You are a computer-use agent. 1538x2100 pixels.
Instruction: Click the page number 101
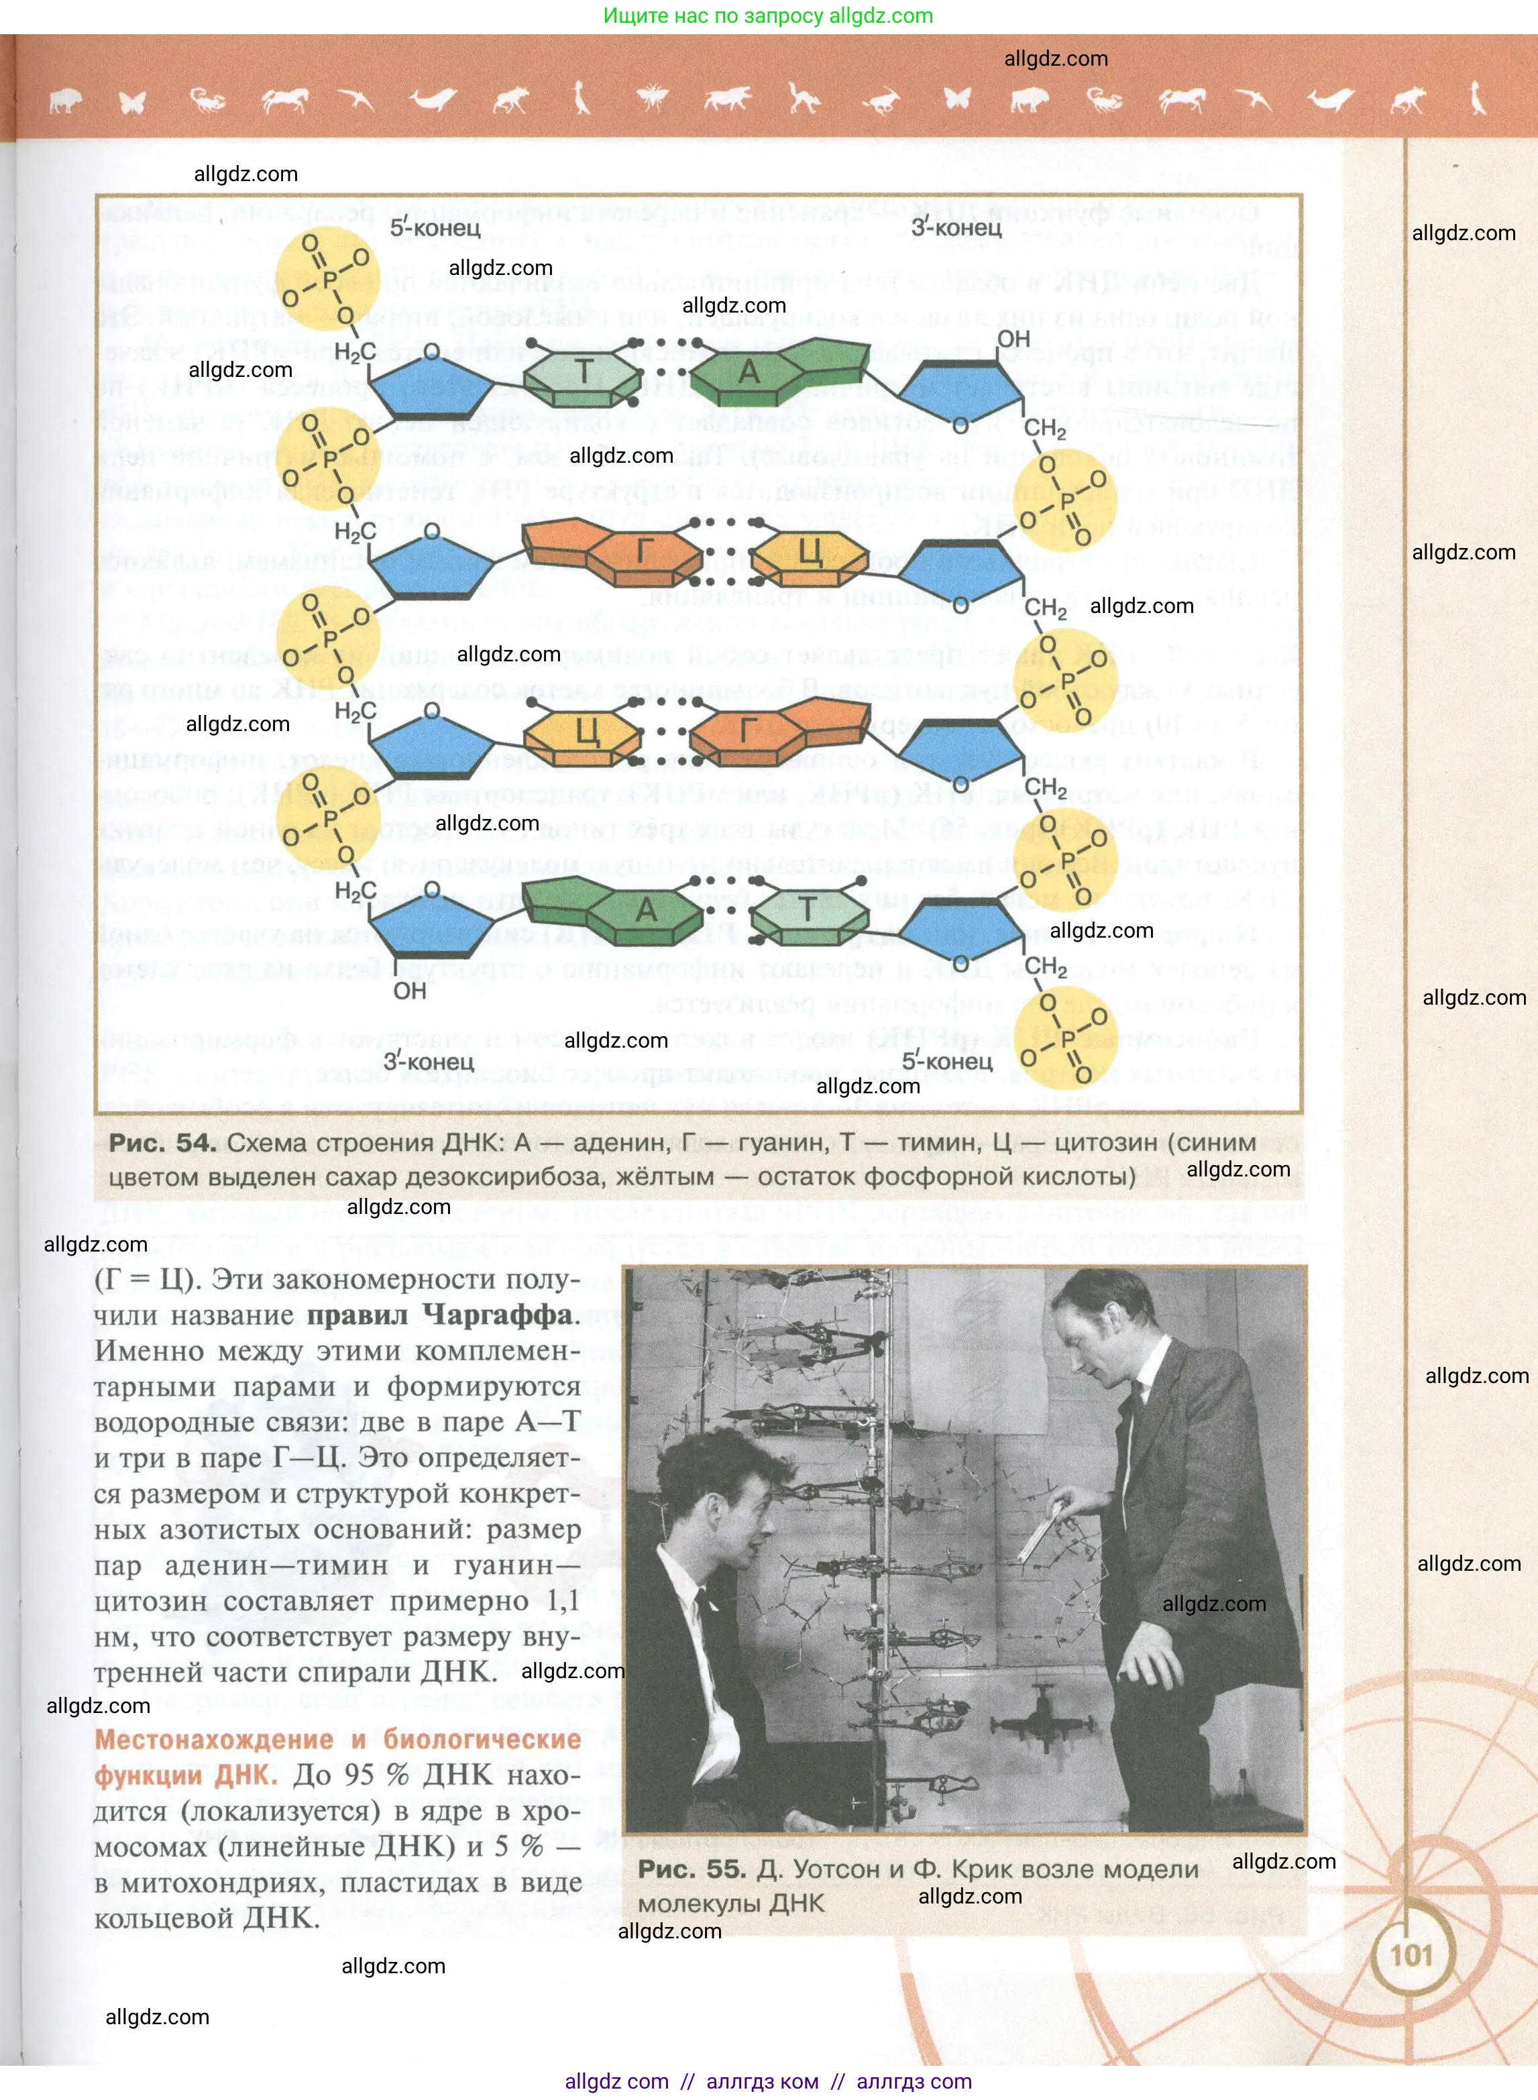click(1411, 1951)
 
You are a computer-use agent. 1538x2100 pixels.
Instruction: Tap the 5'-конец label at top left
click(435, 227)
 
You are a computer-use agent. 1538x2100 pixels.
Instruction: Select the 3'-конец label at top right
click(956, 227)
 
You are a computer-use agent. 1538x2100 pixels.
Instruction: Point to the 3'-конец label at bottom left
click(429, 1061)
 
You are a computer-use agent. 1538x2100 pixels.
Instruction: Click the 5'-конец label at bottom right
click(947, 1061)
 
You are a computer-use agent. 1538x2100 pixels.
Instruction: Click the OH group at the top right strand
click(1014, 339)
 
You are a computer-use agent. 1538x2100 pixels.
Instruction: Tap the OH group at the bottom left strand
click(410, 991)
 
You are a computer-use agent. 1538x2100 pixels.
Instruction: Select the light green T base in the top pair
click(583, 372)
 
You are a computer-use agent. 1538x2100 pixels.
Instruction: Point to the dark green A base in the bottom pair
click(646, 910)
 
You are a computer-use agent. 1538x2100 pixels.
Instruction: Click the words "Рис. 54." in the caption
click(163, 1143)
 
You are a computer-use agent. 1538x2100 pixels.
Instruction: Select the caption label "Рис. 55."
click(692, 1869)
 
